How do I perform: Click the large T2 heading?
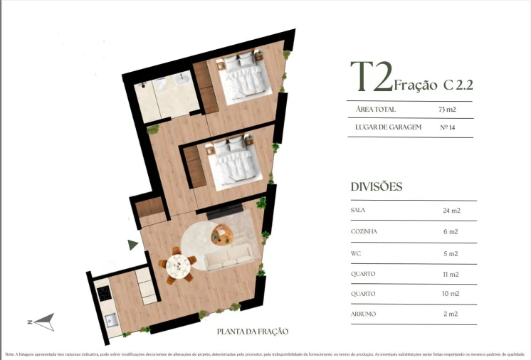click(370, 78)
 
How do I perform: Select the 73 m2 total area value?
click(447, 110)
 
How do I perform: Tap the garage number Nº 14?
click(448, 127)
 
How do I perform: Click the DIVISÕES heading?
click(377, 187)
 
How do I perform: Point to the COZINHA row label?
click(364, 232)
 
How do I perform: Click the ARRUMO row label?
click(363, 314)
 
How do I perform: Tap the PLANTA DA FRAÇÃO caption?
click(253, 332)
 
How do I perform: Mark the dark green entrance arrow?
click(132, 245)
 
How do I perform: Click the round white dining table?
click(177, 266)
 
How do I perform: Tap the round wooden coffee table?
click(223, 233)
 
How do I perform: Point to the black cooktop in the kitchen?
click(104, 292)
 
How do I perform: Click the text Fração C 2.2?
click(433, 85)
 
